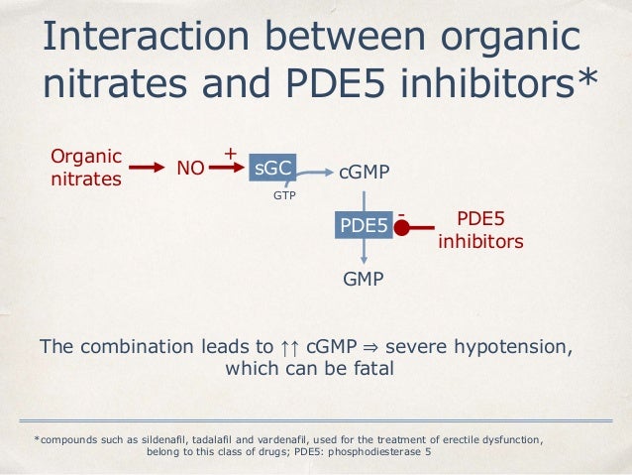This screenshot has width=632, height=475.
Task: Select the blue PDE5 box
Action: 364,225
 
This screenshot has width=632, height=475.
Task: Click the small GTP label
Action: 284,196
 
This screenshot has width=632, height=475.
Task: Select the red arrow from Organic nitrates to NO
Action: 147,169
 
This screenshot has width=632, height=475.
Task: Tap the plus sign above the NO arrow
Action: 230,154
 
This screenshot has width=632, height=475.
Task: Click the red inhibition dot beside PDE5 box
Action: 402,227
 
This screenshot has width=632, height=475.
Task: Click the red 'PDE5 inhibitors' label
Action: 480,229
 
